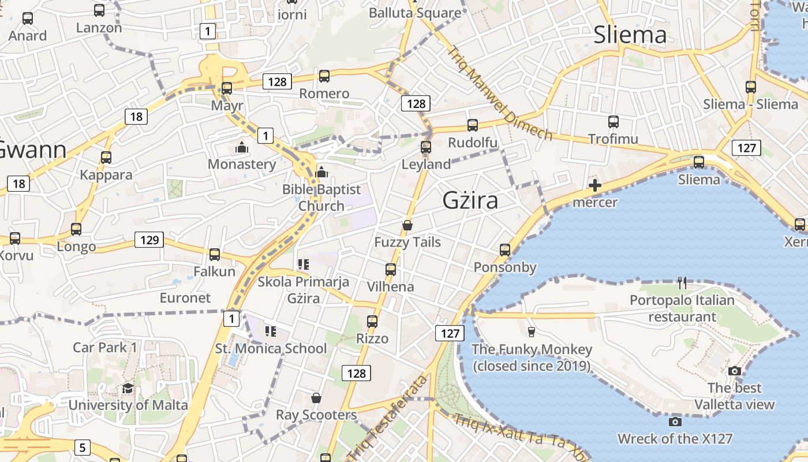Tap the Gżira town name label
click(x=470, y=200)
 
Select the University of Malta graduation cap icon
click(x=128, y=389)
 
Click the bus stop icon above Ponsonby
click(x=505, y=250)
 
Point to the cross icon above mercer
click(x=594, y=186)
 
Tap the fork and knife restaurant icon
click(x=682, y=283)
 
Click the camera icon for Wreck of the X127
click(x=675, y=422)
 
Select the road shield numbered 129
click(x=149, y=240)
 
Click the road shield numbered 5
click(x=83, y=447)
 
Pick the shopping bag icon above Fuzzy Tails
click(x=407, y=225)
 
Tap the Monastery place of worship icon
click(x=242, y=148)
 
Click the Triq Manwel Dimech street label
click(x=499, y=92)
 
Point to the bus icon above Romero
click(x=324, y=76)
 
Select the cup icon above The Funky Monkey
click(x=532, y=331)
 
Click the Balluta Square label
click(x=415, y=13)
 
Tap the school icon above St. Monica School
click(x=270, y=331)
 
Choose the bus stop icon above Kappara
click(x=106, y=158)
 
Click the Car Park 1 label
click(x=105, y=348)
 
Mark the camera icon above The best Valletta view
click(x=734, y=371)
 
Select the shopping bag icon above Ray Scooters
click(x=316, y=398)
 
